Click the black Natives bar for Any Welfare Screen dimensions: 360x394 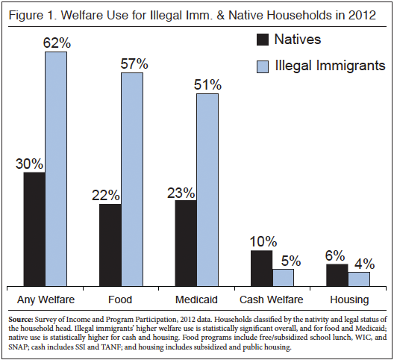34,229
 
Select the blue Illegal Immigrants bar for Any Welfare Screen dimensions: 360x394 56,169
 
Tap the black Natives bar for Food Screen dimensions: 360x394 110,244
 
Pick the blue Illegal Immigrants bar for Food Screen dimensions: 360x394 132,179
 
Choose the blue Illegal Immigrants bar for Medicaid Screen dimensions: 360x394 207,190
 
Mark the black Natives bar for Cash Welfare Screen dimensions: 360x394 261,267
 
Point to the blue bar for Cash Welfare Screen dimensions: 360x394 283,277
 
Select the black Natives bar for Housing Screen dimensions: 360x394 337,275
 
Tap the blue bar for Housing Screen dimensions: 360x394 359,279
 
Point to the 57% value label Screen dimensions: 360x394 133,63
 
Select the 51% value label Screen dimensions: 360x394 208,84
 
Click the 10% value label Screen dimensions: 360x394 262,241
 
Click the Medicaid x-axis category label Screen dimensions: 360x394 196,300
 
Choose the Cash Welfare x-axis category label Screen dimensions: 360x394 272,300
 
